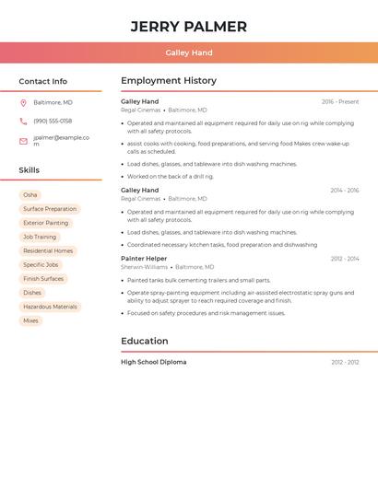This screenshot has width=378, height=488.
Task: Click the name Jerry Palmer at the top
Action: [189, 26]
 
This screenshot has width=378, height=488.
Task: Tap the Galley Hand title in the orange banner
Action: [189, 53]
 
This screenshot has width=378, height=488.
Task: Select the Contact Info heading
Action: [43, 81]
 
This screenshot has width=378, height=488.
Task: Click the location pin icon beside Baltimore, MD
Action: [23, 103]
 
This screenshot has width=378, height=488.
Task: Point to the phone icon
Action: [23, 122]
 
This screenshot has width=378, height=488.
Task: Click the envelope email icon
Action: [23, 141]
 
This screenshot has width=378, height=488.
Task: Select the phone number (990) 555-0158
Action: [53, 122]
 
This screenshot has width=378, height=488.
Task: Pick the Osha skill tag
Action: [30, 195]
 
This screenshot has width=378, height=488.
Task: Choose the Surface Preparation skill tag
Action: [50, 209]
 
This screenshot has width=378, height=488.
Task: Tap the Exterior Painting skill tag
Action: [46, 223]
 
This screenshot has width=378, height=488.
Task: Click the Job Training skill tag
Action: [40, 237]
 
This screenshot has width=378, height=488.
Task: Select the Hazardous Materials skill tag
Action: [50, 307]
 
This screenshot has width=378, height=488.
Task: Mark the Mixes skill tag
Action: [30, 320]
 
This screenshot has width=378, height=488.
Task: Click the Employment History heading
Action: [169, 81]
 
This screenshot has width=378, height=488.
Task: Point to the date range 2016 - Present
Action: [340, 102]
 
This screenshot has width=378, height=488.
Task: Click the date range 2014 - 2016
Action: [345, 191]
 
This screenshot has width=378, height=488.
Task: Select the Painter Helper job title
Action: [144, 259]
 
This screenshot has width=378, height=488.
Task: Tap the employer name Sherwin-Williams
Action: [143, 267]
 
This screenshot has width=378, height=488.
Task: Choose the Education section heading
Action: [144, 341]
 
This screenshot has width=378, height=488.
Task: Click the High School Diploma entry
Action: [153, 363]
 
